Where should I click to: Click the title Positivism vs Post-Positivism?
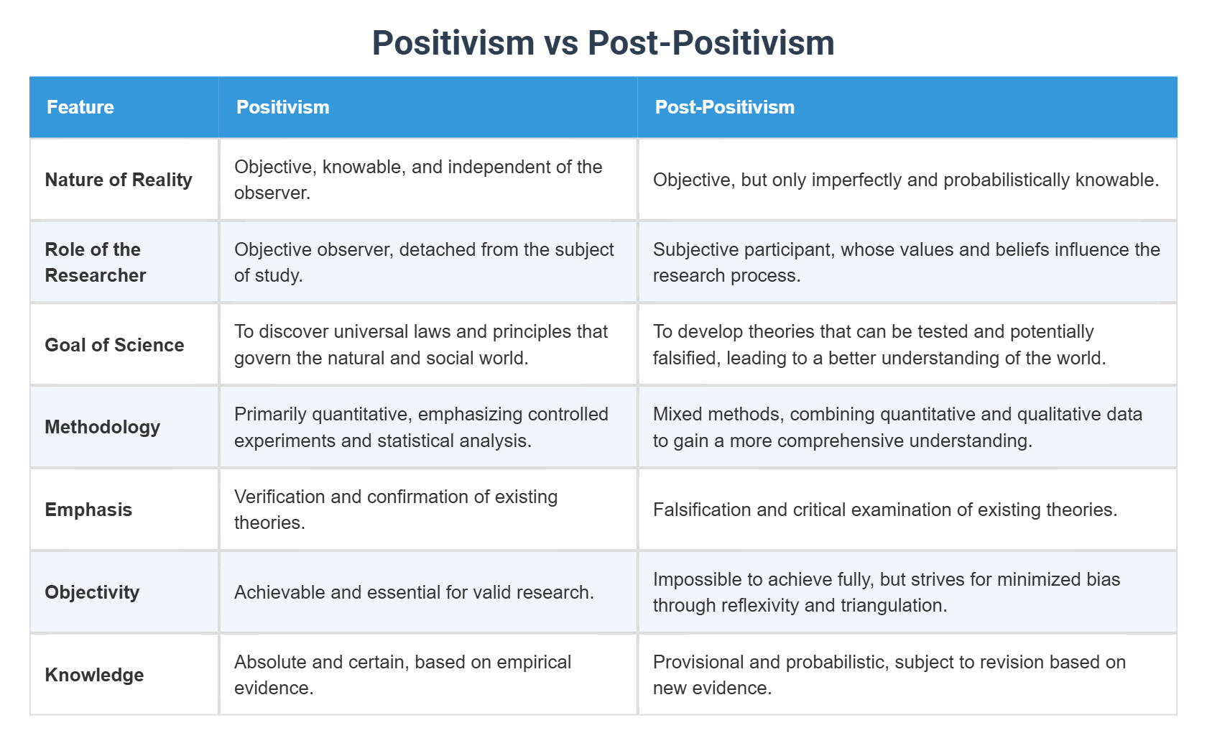pyautogui.click(x=603, y=42)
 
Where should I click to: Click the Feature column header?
pyautogui.click(x=80, y=106)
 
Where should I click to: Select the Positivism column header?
pyautogui.click(x=282, y=106)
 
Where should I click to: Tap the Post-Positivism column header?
pyautogui.click(x=724, y=106)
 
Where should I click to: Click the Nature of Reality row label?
pyautogui.click(x=119, y=180)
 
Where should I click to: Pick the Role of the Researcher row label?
pyautogui.click(x=96, y=262)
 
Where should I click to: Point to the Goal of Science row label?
pyautogui.click(x=114, y=344)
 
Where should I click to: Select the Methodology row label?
pyautogui.click(x=102, y=427)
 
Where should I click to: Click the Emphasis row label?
pyautogui.click(x=88, y=510)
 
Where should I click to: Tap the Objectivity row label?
pyautogui.click(x=92, y=592)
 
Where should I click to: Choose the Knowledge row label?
pyautogui.click(x=94, y=674)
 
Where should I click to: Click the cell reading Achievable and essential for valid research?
pyautogui.click(x=414, y=592)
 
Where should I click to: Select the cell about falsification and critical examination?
pyautogui.click(x=885, y=510)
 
